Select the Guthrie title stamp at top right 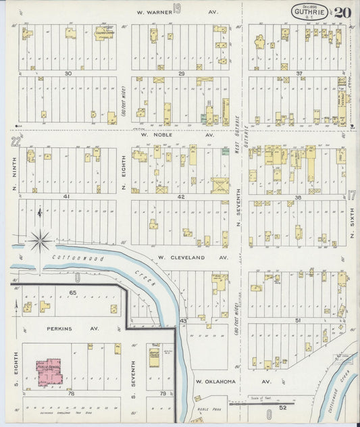(x=311, y=11)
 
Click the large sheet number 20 (x=342, y=12)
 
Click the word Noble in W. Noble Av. (x=168, y=134)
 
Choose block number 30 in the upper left (x=68, y=73)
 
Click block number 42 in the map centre (x=180, y=197)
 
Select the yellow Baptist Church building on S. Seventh (x=153, y=355)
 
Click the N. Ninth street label (x=14, y=167)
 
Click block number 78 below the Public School (x=68, y=393)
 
